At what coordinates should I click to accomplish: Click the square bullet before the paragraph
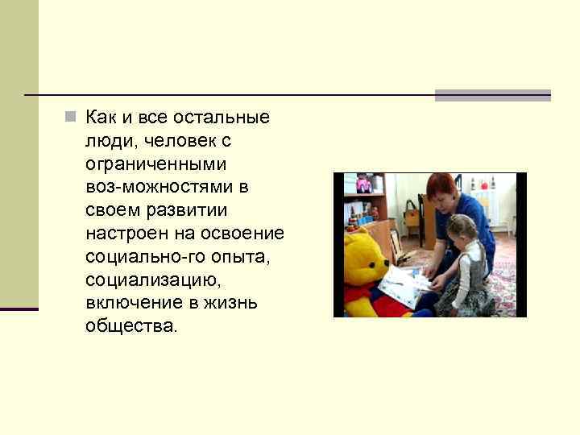pyautogui.click(x=71, y=118)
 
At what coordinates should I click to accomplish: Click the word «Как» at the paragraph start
pyautogui.click(x=101, y=118)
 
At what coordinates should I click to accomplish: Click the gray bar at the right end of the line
pyautogui.click(x=492, y=95)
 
